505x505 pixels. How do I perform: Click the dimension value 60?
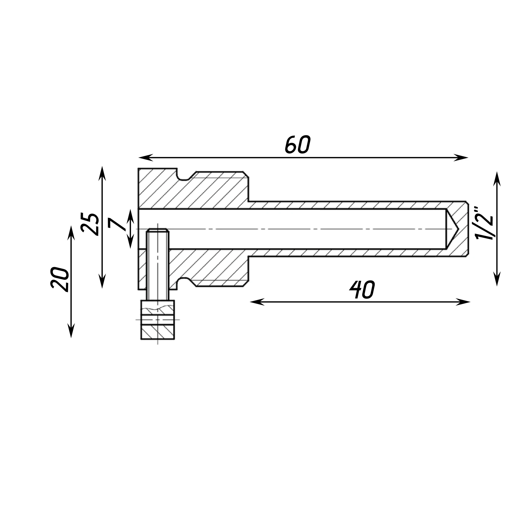click(297, 144)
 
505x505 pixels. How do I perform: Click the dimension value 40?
click(362, 290)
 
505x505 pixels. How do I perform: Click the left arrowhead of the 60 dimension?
click(145, 158)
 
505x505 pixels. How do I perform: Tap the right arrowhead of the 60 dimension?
click(461, 158)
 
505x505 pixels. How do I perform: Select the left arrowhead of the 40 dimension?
click(257, 302)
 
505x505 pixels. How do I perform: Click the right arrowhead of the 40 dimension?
click(463, 302)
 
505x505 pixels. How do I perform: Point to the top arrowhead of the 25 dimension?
click(102, 173)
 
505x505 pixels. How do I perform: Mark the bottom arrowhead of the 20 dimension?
click(71, 331)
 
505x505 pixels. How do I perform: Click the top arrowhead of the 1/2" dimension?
click(497, 179)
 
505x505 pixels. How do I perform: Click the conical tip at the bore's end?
click(452, 229)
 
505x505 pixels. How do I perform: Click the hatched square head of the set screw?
click(158, 320)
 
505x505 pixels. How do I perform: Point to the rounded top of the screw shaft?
click(158, 230)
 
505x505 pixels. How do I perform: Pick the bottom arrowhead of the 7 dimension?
click(131, 243)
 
